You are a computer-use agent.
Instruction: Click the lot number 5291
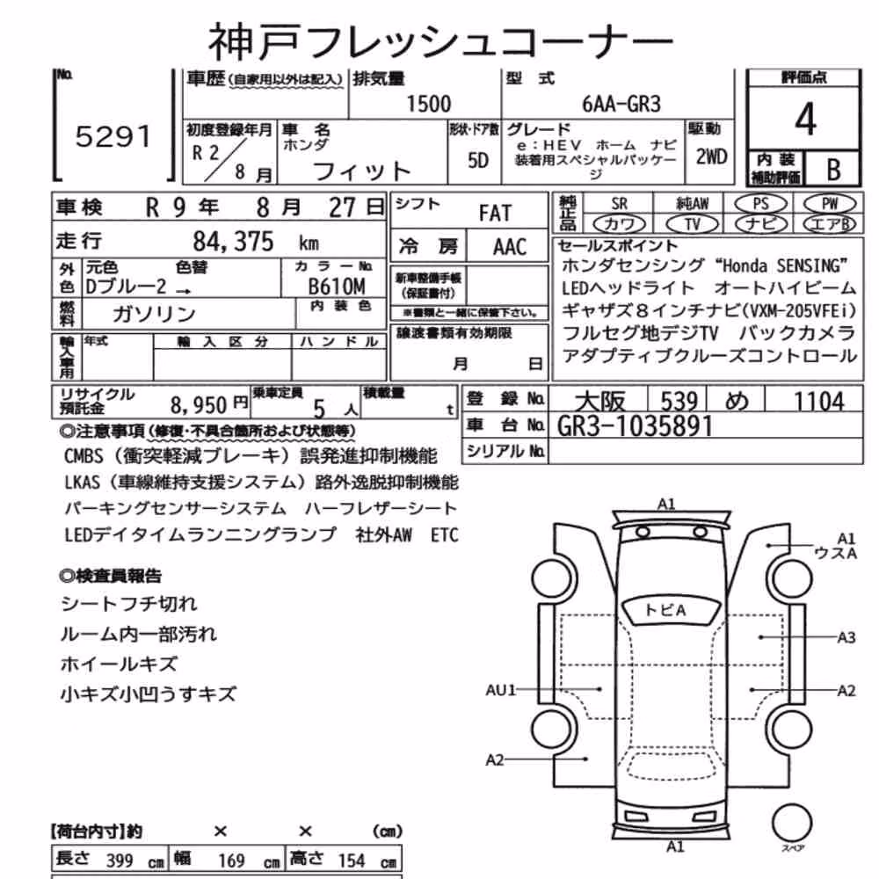tap(113, 137)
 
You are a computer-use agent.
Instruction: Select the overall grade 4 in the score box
tap(805, 120)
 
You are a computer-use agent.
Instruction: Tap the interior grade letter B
tap(833, 170)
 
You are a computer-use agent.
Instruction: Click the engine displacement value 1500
tap(428, 105)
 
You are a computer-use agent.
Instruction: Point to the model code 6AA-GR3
tap(621, 105)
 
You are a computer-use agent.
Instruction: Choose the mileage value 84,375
tap(233, 242)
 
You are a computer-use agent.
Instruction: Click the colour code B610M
tap(337, 287)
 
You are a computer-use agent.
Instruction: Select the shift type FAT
tap(495, 213)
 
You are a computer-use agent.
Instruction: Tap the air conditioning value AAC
tap(510, 247)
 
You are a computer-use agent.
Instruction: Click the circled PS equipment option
tap(760, 204)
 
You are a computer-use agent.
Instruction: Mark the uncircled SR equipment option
tap(620, 204)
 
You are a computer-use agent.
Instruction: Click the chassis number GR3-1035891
tap(635, 426)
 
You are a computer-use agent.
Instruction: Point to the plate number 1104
tap(818, 402)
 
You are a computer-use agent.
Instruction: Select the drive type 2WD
tap(711, 157)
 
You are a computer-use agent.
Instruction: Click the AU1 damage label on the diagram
tap(500, 690)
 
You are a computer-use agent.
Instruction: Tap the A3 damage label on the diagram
tap(846, 637)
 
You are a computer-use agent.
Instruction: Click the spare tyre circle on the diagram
tap(792, 824)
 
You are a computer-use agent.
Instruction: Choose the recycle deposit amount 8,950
tap(199, 404)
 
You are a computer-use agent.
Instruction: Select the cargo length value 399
tap(120, 861)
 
